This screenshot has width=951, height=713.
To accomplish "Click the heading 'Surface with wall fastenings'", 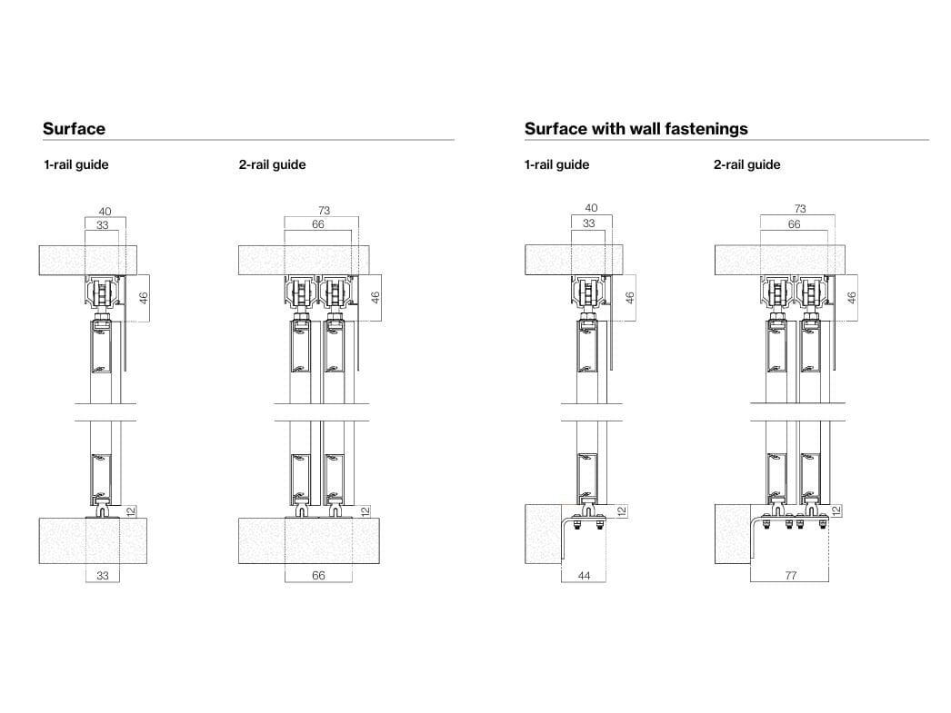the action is click(636, 128).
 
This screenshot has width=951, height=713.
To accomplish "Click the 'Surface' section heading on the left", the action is click(74, 128).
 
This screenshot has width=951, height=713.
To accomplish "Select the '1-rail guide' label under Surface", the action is click(75, 164).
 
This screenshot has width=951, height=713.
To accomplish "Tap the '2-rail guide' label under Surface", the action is click(272, 164).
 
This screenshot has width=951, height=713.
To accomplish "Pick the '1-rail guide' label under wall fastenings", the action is click(556, 164).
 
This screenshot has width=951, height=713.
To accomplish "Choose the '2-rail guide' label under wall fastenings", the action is click(746, 164).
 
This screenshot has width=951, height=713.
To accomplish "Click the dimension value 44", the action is click(584, 576).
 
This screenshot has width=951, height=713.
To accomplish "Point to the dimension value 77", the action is click(790, 576).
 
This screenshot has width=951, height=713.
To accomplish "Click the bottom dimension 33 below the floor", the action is click(103, 576).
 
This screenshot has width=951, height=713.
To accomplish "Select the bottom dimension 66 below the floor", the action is click(318, 576).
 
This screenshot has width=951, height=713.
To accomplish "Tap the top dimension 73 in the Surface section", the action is click(324, 210).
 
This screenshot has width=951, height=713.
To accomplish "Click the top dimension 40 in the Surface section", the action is click(105, 212).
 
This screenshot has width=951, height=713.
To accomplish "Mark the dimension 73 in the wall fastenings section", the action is click(800, 208).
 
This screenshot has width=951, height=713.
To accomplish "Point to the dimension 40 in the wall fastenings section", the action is click(591, 208).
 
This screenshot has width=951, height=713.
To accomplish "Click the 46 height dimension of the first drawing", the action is click(144, 298).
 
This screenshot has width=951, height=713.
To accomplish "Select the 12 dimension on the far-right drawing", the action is click(837, 511).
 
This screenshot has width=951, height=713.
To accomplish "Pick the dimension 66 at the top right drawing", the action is click(794, 224).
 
